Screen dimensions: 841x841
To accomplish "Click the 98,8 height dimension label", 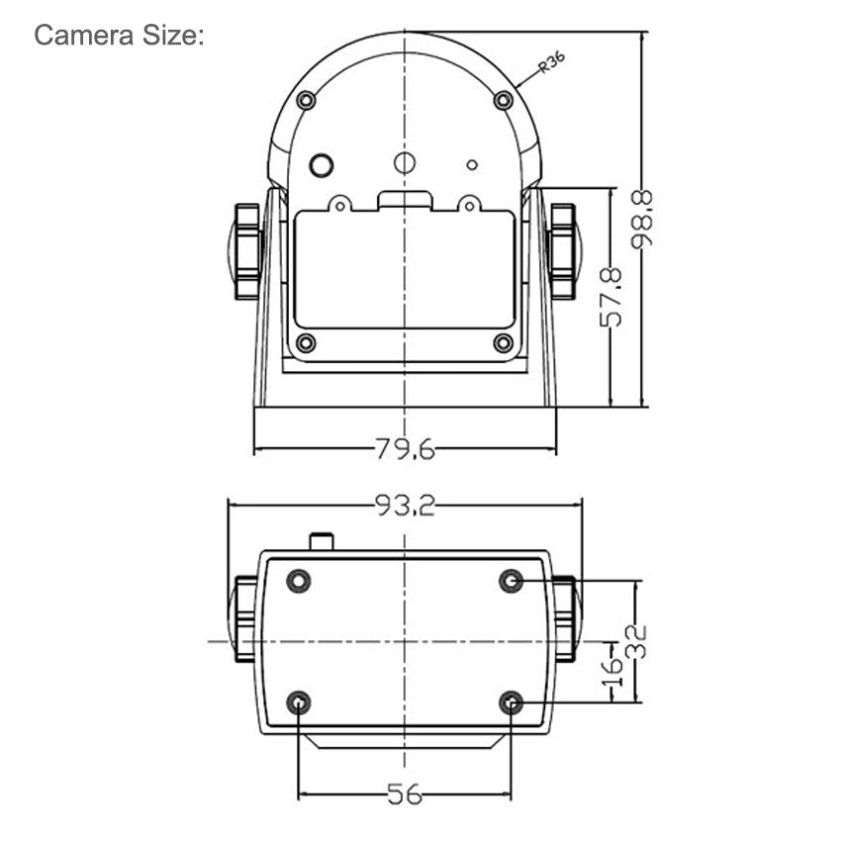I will [644, 219].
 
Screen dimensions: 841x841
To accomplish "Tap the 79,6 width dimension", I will [405, 449].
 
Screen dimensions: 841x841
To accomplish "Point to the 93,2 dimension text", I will [405, 506].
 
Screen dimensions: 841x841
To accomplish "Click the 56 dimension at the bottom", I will [404, 794].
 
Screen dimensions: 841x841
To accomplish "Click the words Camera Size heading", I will [119, 36].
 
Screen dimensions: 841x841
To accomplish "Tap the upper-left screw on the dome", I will [306, 99].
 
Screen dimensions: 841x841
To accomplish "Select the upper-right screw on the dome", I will [503, 99].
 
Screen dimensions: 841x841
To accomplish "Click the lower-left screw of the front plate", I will [306, 342].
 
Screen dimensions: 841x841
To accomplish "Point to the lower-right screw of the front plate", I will [503, 342].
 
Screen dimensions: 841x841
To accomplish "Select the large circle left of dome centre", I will [321, 164].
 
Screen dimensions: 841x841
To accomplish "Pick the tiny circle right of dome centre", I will [472, 164].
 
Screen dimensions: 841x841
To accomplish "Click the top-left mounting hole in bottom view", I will [298, 581].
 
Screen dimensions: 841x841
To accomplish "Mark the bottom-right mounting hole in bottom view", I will [511, 703].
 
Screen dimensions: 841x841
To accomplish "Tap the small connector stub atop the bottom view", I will [322, 541].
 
